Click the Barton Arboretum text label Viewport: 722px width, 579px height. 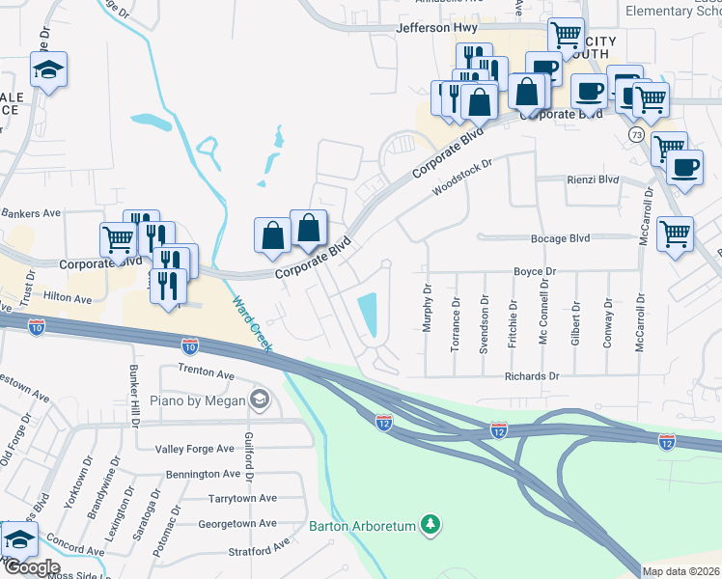[x=361, y=526]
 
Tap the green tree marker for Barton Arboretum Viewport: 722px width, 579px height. [x=431, y=526]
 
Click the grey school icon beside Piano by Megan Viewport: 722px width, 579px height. [x=259, y=399]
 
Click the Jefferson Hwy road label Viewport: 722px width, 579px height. [x=430, y=29]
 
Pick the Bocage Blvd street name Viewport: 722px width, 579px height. [x=560, y=237]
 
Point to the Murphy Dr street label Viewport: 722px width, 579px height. [x=426, y=308]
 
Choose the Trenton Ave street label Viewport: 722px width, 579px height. [x=206, y=372]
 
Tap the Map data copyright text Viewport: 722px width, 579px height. [x=680, y=571]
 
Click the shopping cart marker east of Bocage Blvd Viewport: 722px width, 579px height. [x=675, y=232]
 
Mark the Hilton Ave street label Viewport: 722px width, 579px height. [x=67, y=300]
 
